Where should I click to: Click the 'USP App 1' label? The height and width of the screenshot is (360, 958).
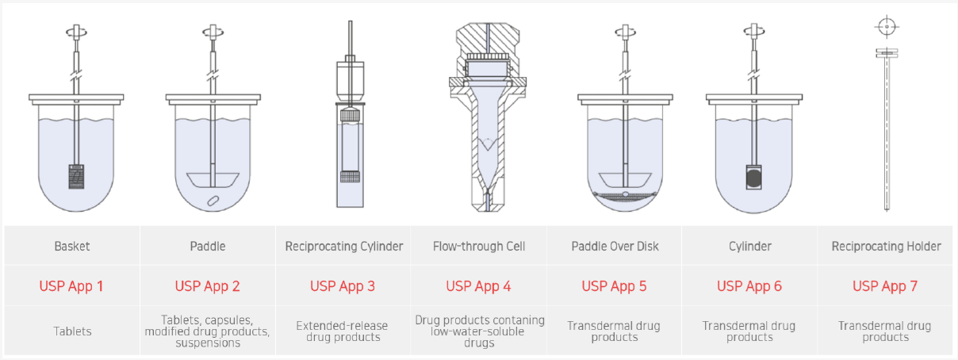pyautogui.click(x=71, y=286)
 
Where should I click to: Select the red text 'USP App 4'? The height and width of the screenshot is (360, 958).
pyautogui.click(x=478, y=286)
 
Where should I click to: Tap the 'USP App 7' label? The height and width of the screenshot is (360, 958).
pyautogui.click(x=885, y=286)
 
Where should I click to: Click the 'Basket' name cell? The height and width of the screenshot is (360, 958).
pyautogui.click(x=72, y=247)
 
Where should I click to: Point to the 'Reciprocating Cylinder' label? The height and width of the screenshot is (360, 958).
pyautogui.click(x=344, y=247)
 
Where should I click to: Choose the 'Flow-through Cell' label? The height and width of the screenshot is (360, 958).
pyautogui.click(x=478, y=247)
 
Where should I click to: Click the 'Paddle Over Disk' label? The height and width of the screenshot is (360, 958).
pyautogui.click(x=615, y=247)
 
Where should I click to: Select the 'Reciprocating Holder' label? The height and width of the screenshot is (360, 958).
pyautogui.click(x=886, y=247)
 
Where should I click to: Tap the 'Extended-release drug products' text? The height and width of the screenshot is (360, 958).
pyautogui.click(x=342, y=331)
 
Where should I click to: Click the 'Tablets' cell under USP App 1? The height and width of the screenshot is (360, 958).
pyautogui.click(x=72, y=331)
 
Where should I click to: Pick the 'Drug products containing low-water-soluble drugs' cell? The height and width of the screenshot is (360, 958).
pyautogui.click(x=480, y=331)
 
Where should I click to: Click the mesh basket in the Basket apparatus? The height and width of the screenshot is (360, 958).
pyautogui.click(x=76, y=176)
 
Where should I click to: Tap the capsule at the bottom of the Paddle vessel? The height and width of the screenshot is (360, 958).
pyautogui.click(x=213, y=201)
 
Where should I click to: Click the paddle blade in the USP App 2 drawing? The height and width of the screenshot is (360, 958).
pyautogui.click(x=213, y=180)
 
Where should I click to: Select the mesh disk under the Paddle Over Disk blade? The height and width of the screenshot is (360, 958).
pyautogui.click(x=625, y=196)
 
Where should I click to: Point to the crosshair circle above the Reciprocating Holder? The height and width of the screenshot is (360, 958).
pyautogui.click(x=887, y=27)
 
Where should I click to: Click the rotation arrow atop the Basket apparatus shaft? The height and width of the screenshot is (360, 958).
pyautogui.click(x=76, y=32)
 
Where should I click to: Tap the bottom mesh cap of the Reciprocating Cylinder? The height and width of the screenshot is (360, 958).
pyautogui.click(x=350, y=177)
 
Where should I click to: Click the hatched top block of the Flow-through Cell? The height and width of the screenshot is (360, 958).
pyautogui.click(x=488, y=40)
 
